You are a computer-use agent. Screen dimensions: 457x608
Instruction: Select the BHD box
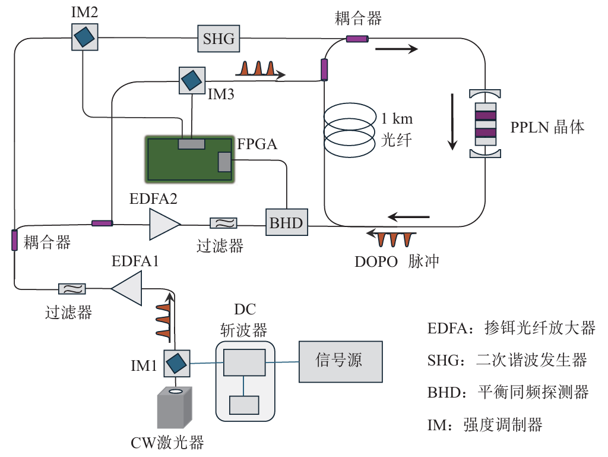click(286, 223)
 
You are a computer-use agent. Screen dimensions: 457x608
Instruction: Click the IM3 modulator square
click(191, 80)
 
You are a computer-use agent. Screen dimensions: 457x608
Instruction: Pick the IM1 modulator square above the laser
click(176, 363)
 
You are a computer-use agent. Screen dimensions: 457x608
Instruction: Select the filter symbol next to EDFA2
click(224, 223)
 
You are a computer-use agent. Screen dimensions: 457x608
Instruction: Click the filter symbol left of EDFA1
click(72, 289)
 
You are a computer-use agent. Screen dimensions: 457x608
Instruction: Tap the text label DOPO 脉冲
click(396, 261)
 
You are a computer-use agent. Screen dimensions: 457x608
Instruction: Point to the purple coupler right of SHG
click(357, 39)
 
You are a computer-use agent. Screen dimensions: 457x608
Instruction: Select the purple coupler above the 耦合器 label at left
click(14, 239)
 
